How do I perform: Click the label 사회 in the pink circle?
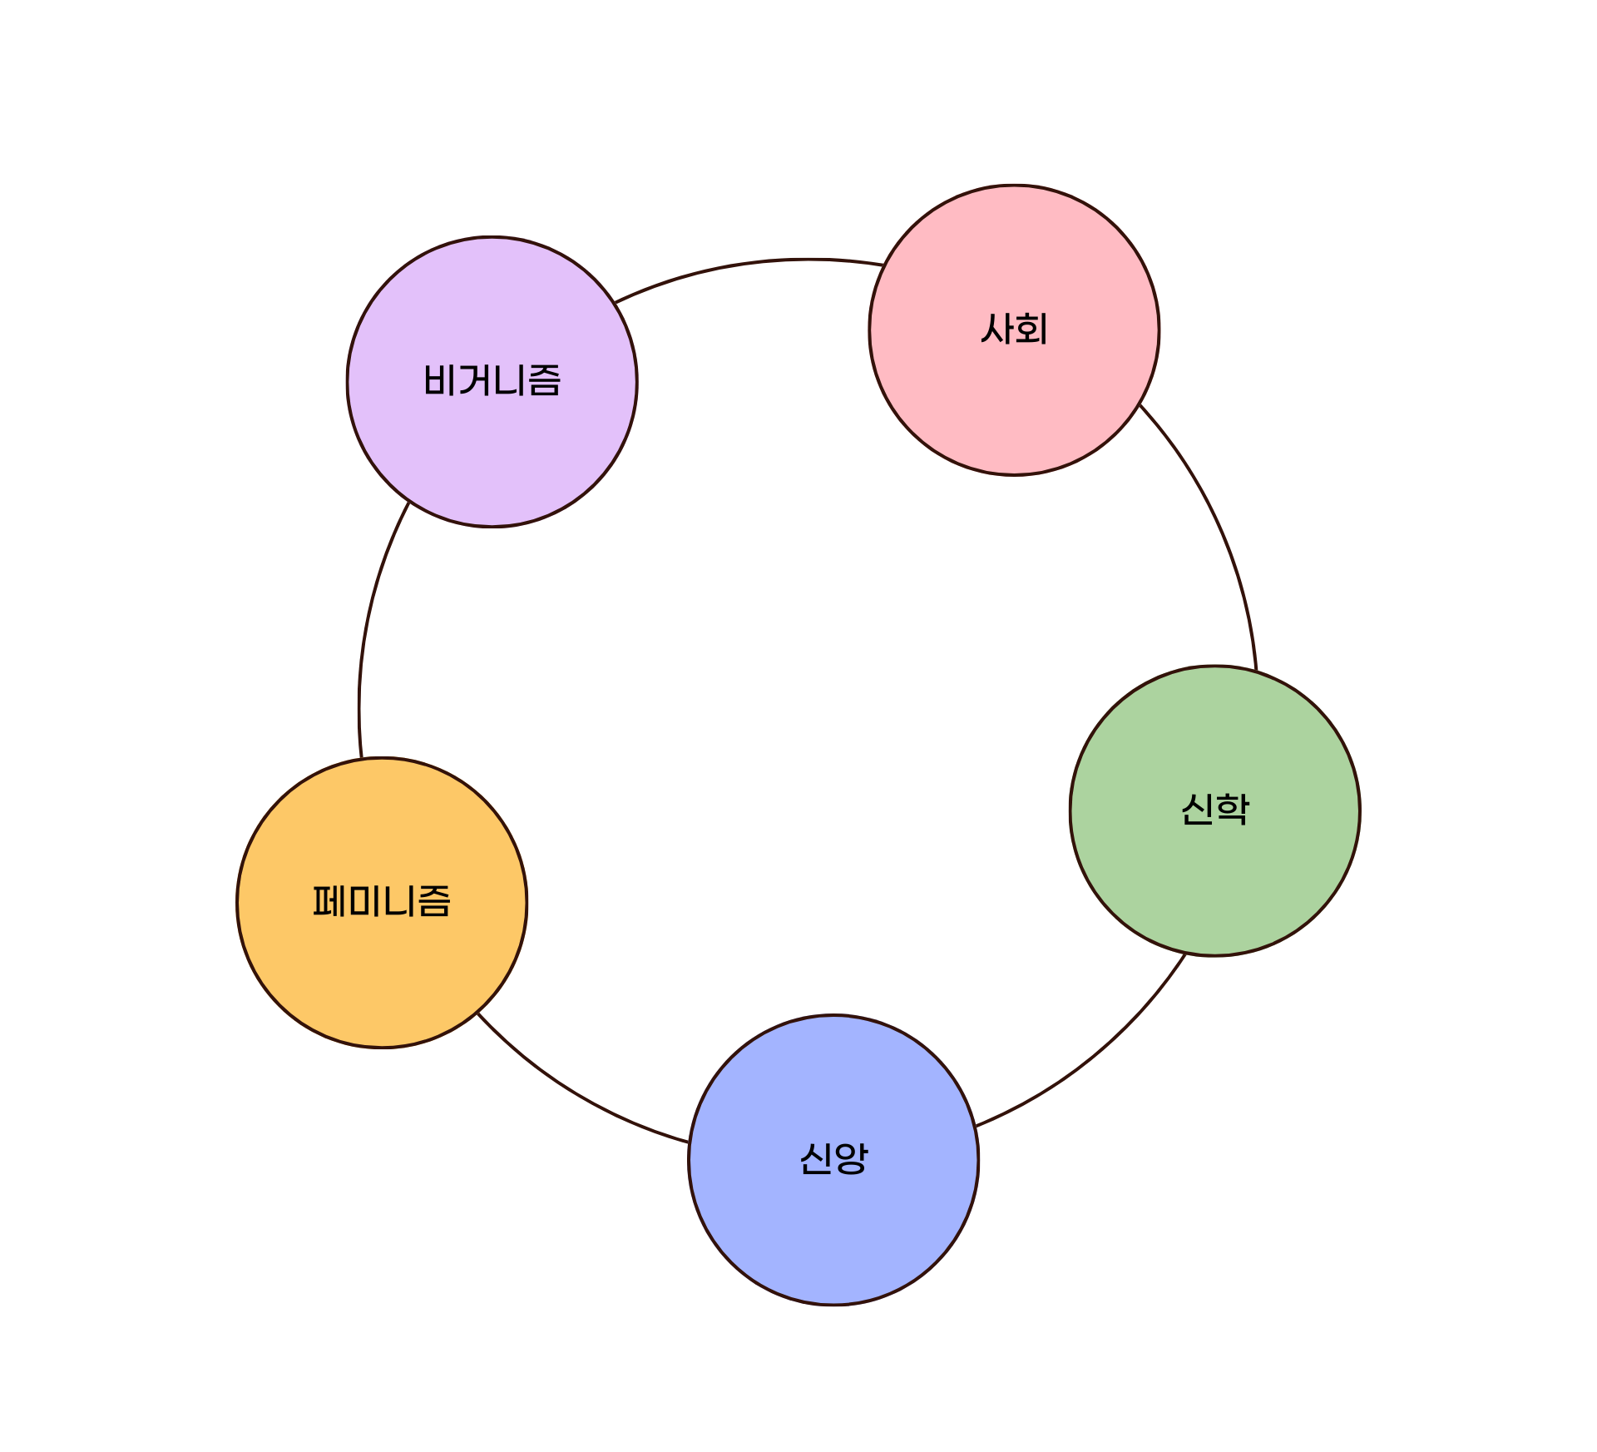click(1014, 329)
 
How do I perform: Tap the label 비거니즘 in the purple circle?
click(492, 381)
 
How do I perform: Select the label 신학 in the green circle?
click(1215, 809)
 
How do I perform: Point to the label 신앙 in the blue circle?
click(833, 1158)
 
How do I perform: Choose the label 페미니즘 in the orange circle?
click(382, 901)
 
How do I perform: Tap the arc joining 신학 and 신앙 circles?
click(1098, 1057)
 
